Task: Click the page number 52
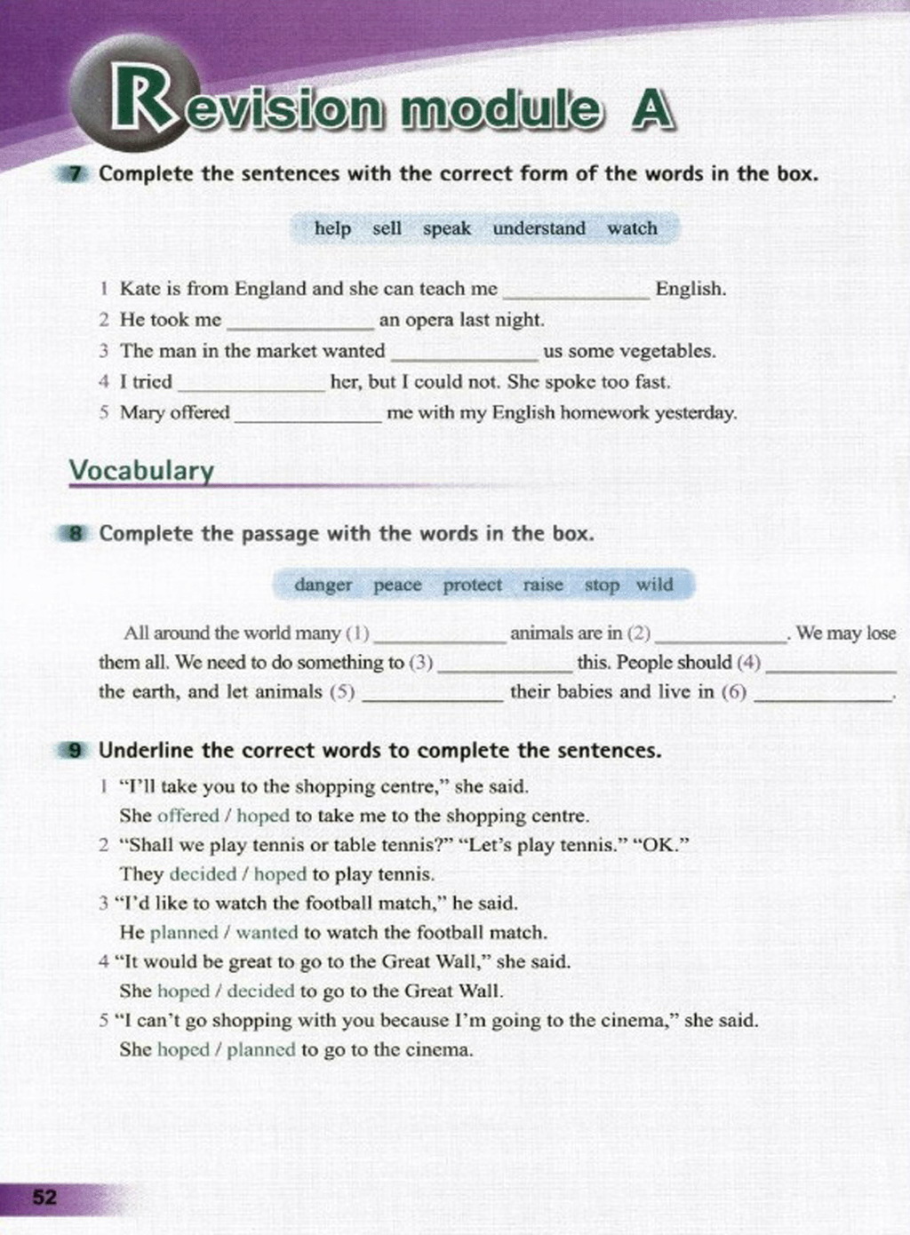pos(44,1197)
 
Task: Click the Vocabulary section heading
pos(141,470)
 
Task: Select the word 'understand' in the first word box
pos(539,228)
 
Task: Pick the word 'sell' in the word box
pos(387,228)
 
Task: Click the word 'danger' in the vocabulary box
pos(323,585)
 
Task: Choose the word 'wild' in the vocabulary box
pos(654,585)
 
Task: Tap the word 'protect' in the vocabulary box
pos(472,585)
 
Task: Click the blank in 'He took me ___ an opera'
pos(300,323)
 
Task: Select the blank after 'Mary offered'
pos(307,416)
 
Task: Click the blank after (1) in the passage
pos(439,636)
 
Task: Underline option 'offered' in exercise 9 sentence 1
pos(188,816)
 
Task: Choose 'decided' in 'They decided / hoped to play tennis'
pos(203,874)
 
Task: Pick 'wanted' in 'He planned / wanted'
pos(267,933)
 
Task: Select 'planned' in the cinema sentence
pos(260,1049)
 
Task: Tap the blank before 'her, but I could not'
pos(252,385)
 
